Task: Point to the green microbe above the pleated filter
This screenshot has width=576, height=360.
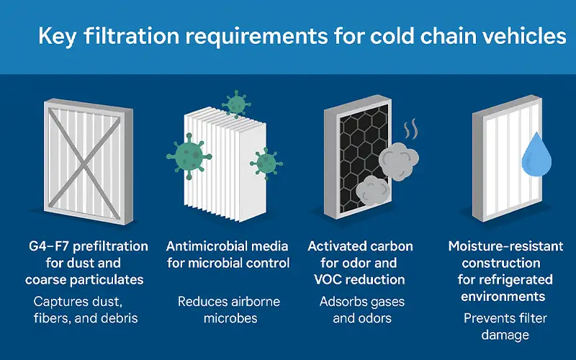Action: pyautogui.click(x=235, y=104)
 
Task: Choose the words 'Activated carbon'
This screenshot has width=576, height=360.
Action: pyautogui.click(x=360, y=247)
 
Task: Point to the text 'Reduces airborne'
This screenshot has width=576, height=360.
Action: pyautogui.click(x=228, y=302)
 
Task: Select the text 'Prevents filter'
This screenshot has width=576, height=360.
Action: pyautogui.click(x=505, y=318)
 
